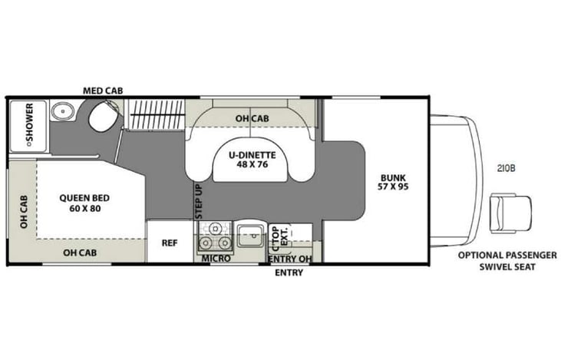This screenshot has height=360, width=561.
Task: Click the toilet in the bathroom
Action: point(100,117)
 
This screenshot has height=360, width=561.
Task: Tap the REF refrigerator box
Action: point(169,243)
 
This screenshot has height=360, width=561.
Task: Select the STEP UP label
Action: point(198,202)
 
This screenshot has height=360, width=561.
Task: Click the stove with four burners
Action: point(216,236)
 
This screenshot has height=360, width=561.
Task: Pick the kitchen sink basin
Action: point(249,236)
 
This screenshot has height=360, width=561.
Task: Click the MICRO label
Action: point(216,259)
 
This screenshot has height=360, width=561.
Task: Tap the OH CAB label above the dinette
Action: point(252,118)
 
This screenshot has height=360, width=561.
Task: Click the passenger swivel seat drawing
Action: point(510,212)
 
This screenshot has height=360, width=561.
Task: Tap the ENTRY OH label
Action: point(289,259)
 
